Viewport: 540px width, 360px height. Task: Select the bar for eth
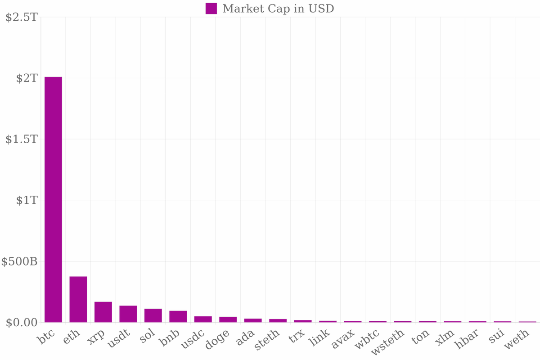click(78, 299)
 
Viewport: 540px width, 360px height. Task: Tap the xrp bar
click(103, 312)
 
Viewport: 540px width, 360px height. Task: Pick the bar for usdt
click(128, 314)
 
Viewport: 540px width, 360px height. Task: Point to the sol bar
click(153, 315)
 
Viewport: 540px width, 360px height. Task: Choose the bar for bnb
click(178, 316)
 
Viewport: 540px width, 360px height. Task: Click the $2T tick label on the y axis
click(27, 78)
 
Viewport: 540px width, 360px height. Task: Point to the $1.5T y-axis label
click(21, 139)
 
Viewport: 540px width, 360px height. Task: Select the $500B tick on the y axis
click(19, 261)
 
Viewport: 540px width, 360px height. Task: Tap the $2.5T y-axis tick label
click(21, 17)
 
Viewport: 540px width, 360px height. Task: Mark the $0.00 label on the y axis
click(21, 323)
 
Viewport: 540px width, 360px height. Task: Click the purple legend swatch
click(211, 9)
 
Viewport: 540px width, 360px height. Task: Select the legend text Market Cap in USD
click(278, 9)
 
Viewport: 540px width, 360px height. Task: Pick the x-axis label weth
click(516, 340)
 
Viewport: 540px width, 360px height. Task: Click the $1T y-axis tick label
click(27, 200)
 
